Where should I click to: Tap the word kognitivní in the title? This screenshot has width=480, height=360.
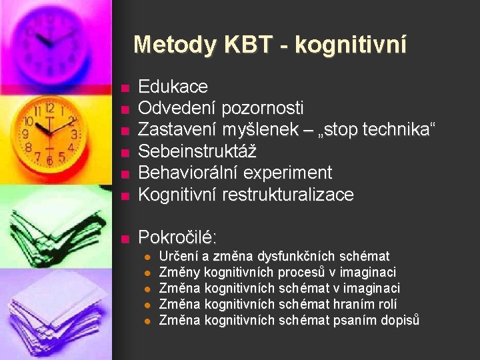(x=350, y=45)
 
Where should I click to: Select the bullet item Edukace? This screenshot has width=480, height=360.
(x=172, y=87)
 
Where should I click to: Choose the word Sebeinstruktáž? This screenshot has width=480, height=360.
(x=197, y=151)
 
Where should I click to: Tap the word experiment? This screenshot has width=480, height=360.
(x=287, y=173)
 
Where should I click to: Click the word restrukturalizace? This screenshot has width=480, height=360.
(x=287, y=194)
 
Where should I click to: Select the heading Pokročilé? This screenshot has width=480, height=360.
(x=177, y=237)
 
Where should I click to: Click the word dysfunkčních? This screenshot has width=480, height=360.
(x=297, y=257)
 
